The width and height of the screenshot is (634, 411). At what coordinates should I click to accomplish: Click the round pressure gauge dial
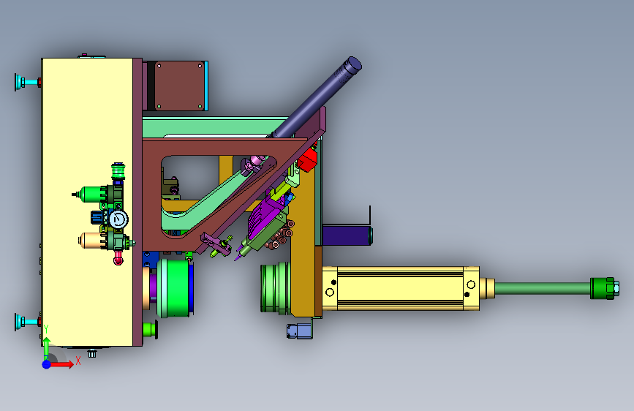[118, 219]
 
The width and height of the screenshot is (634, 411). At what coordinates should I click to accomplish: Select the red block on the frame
[307, 159]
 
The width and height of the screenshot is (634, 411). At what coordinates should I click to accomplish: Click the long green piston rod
[543, 288]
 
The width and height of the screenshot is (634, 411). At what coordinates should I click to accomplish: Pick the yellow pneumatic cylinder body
[401, 288]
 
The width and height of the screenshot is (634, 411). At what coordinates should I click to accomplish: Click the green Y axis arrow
[47, 348]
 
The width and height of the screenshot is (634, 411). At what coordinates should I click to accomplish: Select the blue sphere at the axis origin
[47, 364]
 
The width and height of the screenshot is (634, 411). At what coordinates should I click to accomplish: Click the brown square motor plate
[180, 86]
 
